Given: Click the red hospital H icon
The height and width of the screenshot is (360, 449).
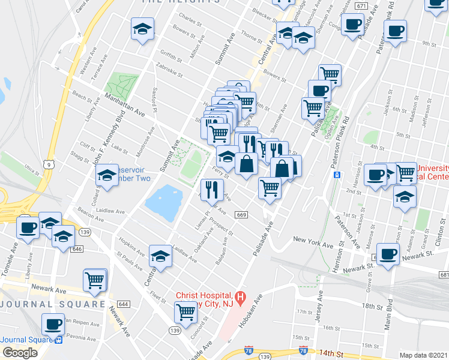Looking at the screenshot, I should (240, 296).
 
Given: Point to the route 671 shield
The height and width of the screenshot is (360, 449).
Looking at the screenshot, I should (360, 5).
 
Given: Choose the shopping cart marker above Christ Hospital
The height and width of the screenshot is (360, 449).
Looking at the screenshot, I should (186, 311).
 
